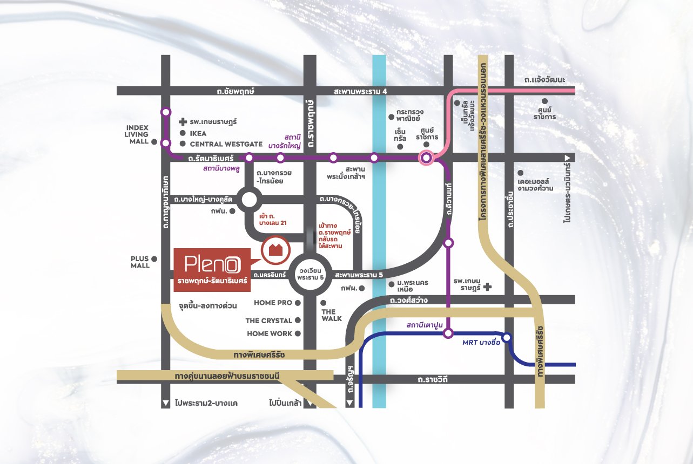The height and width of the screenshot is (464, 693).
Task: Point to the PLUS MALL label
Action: point(139,262)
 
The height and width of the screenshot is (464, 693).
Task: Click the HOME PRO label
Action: point(273,303)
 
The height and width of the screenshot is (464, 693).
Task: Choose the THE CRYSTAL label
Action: point(268,320)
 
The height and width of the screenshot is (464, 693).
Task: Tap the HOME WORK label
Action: point(270,333)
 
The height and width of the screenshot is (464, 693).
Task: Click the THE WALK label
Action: point(332,315)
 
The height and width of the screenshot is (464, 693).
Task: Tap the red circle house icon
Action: point(275,249)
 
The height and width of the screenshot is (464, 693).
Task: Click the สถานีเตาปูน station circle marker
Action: point(448,334)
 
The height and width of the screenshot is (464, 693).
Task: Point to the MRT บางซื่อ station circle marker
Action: point(507,338)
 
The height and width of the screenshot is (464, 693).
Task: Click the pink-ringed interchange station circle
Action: point(426,158)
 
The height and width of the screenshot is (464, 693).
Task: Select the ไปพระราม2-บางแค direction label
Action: point(206,403)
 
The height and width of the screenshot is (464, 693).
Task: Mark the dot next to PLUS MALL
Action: point(154,259)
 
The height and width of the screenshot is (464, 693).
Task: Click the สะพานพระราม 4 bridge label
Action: point(361,92)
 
